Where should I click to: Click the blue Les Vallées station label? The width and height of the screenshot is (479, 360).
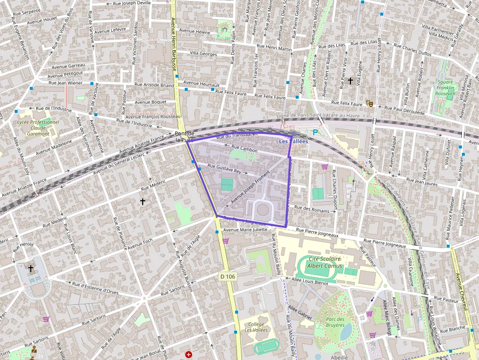pos(293,141)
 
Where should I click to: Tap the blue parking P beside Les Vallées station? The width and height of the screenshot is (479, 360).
pos(315,132)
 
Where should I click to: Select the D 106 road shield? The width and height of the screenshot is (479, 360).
pos(227,276)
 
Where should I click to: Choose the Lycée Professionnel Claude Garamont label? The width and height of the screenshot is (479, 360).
pos(38,127)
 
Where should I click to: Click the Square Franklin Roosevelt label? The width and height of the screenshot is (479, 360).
pos(445,87)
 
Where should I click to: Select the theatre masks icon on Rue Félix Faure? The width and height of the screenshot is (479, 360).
pos(370,104)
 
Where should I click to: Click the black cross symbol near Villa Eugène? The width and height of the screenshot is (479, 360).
pos(350,81)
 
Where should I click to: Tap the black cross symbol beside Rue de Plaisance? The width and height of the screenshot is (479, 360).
pos(143,201)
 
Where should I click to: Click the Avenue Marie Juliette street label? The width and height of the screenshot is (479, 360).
pos(245,230)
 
